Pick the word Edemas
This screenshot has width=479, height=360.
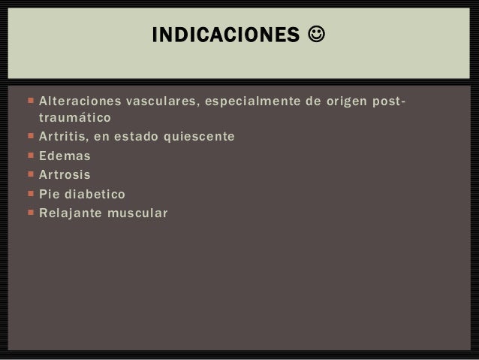click(65, 156)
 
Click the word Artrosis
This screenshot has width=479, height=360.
click(65, 175)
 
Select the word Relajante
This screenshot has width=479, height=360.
click(71, 213)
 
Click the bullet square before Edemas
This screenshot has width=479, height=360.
click(29, 156)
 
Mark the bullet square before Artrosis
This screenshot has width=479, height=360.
click(29, 175)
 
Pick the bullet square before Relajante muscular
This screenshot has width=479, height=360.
click(29, 213)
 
